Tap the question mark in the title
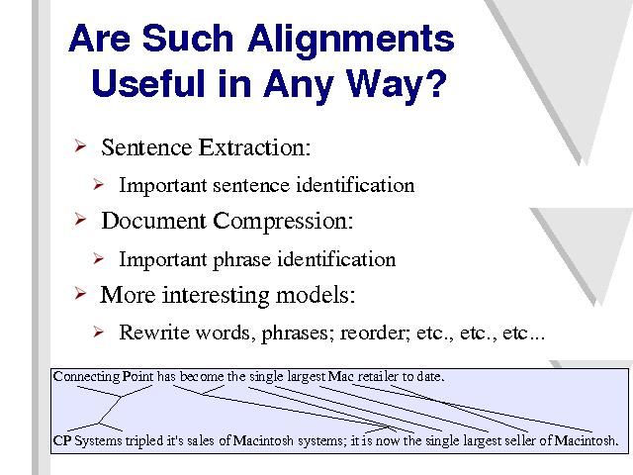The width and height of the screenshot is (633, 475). [435, 82]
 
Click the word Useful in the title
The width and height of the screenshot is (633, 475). [148, 82]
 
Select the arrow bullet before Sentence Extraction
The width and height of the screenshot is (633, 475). [80, 145]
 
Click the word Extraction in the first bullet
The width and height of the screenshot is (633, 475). [254, 147]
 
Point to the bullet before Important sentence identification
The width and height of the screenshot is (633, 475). [98, 184]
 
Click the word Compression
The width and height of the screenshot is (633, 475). [283, 222]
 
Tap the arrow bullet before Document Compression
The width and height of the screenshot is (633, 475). [80, 220]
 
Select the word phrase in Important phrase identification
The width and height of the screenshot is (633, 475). [241, 259]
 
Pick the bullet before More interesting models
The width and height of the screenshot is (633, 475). [80, 293]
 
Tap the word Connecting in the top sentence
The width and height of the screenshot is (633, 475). [86, 377]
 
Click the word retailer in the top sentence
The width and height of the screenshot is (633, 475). [378, 377]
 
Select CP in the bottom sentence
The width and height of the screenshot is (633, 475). [62, 440]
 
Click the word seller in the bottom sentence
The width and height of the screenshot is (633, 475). [521, 440]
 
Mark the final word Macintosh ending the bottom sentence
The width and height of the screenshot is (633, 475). [586, 440]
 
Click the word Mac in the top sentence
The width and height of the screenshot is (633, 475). [340, 377]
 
